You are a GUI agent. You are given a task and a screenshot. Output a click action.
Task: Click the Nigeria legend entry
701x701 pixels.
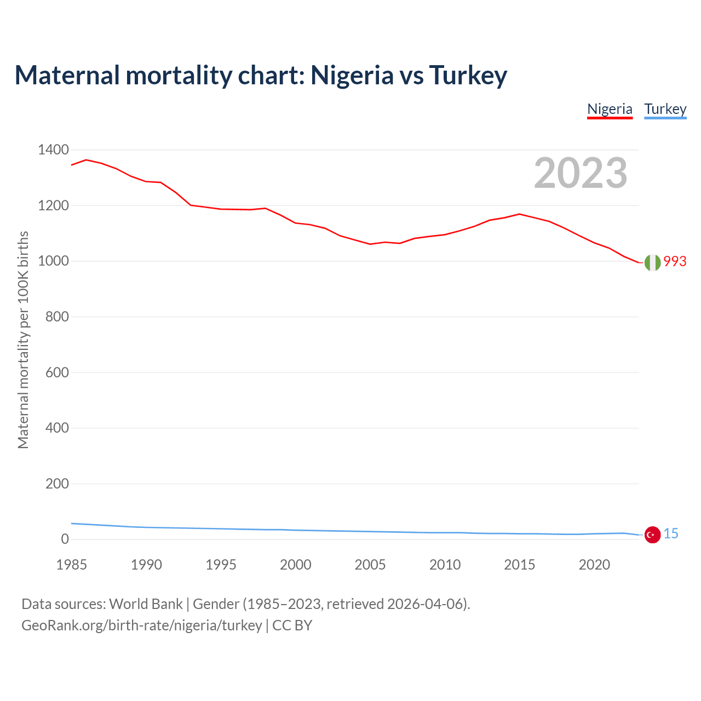(x=610, y=109)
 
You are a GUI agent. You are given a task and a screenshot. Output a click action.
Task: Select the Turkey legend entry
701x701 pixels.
(x=665, y=109)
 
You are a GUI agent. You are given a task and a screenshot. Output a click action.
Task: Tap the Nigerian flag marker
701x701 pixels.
(x=652, y=262)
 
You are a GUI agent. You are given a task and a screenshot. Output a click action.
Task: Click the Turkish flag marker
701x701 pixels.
(x=652, y=535)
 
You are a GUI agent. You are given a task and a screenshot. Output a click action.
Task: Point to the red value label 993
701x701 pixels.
(x=675, y=262)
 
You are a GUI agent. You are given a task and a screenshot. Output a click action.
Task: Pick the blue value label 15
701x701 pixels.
(x=671, y=534)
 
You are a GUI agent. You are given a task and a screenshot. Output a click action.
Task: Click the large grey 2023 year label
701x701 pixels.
(x=581, y=173)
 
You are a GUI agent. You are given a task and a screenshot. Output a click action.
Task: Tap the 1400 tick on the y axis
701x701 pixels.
(x=53, y=150)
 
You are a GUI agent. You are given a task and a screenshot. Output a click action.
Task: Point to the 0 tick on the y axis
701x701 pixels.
(x=65, y=539)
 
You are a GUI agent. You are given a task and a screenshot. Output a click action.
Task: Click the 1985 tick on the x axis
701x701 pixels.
(x=72, y=565)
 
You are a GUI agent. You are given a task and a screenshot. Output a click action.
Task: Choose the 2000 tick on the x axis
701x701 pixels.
(x=296, y=565)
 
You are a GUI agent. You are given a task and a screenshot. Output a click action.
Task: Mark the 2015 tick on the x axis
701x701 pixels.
(x=520, y=565)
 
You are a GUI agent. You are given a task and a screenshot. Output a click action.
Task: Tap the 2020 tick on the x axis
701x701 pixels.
(x=594, y=565)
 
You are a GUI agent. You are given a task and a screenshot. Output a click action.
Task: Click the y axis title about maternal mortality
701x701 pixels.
(x=23, y=340)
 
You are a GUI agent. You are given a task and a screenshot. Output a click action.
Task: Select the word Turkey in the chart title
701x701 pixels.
(x=468, y=75)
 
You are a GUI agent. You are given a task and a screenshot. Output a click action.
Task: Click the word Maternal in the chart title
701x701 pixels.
(x=67, y=75)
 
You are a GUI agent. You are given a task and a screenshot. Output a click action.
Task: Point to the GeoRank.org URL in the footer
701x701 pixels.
(x=141, y=625)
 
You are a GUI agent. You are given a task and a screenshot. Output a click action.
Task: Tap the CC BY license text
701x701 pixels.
(x=292, y=625)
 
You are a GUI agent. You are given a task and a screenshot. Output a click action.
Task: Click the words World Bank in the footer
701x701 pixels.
(x=146, y=604)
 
